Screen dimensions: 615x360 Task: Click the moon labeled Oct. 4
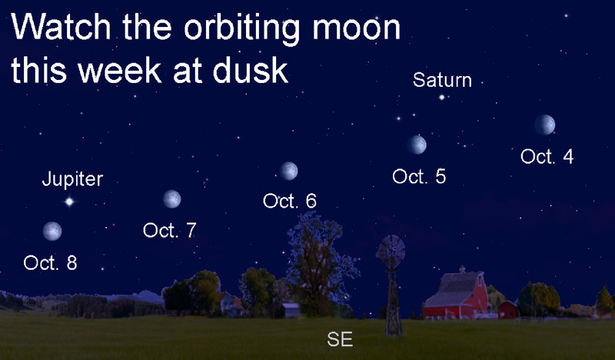(545, 125)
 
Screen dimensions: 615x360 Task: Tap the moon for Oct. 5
(417, 145)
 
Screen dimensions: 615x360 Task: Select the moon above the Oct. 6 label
(289, 171)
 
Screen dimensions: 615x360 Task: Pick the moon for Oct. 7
(171, 199)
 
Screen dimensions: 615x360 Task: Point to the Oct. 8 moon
(52, 232)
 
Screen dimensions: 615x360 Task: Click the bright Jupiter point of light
(69, 202)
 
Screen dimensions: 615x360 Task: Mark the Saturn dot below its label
(441, 97)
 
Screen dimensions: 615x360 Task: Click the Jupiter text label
(72, 179)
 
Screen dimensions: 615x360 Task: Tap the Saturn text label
(442, 80)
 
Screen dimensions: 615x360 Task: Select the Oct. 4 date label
(547, 157)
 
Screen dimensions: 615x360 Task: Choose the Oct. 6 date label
(290, 201)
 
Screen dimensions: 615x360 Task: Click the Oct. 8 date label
(50, 262)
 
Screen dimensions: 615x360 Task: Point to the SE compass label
(340, 339)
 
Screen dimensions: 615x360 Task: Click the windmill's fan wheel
(391, 252)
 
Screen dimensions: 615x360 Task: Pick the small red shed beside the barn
(508, 309)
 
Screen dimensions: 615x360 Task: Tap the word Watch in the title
(61, 27)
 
